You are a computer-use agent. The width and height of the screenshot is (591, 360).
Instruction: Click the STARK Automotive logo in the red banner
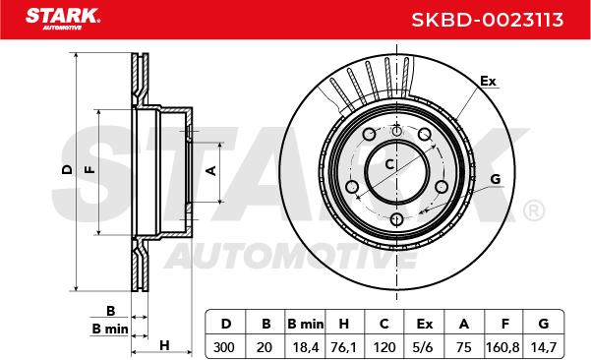[63, 19]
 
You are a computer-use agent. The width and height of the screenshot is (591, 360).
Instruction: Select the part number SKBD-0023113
[488, 20]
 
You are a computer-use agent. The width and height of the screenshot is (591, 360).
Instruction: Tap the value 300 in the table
[224, 347]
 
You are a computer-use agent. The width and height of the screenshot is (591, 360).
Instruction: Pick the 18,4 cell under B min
[305, 347]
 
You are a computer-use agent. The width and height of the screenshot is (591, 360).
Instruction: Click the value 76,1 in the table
[343, 347]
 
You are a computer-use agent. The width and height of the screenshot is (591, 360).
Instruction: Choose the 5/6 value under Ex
[423, 347]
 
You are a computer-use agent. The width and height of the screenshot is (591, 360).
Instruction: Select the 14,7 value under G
[544, 347]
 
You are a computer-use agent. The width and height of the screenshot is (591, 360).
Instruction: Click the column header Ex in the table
[425, 324]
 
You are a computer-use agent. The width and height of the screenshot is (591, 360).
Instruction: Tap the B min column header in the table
[305, 324]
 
